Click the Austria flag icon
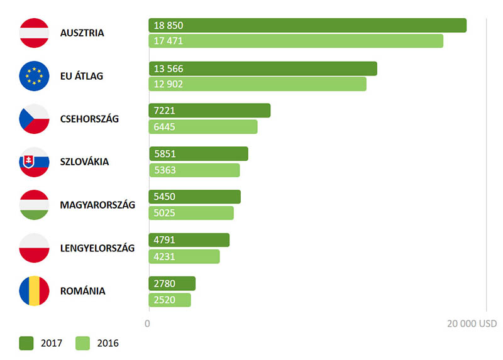click(35, 33)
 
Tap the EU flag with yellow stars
click(35, 76)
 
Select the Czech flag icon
click(35, 119)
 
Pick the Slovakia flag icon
click(35, 161)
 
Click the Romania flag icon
click(35, 291)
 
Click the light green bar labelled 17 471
click(296, 41)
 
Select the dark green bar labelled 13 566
click(263, 68)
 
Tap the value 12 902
click(169, 84)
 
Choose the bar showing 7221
click(209, 111)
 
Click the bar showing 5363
click(194, 170)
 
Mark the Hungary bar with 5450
click(195, 197)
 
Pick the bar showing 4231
click(184, 256)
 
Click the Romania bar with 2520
click(170, 300)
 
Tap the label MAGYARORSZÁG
click(97, 205)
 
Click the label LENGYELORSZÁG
click(97, 248)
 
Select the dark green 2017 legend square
click(26, 343)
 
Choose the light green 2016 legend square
click(83, 343)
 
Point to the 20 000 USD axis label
click(472, 324)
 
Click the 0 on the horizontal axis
click(147, 324)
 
